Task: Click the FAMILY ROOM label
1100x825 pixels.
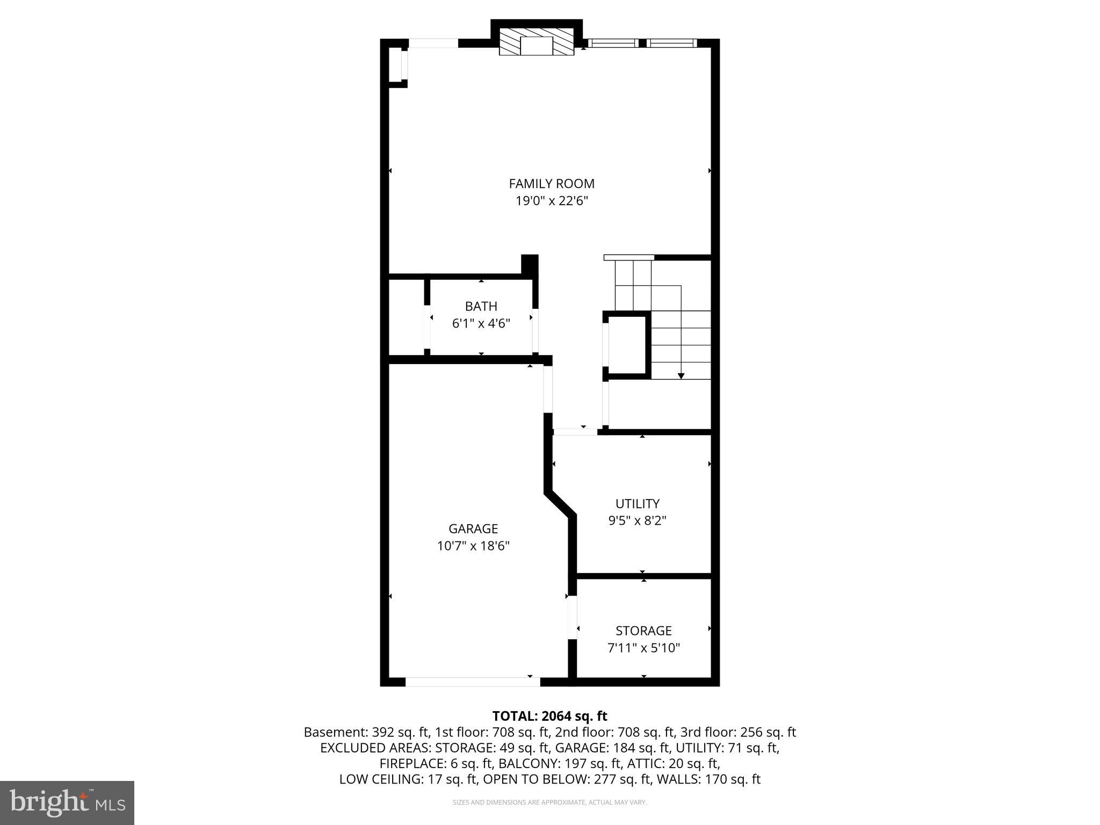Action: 552,184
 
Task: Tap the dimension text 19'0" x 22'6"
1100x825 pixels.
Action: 552,201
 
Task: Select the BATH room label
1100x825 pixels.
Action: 481,306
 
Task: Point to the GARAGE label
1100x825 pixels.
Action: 473,529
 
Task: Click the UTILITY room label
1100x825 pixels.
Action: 637,504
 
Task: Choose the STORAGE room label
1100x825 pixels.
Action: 643,631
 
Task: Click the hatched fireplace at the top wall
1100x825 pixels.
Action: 537,42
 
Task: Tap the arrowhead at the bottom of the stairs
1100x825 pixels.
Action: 681,376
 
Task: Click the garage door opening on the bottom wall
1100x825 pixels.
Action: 473,682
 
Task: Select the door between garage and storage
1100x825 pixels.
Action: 573,617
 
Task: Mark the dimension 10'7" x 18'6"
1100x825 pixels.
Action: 473,546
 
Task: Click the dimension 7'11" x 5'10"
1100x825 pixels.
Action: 643,648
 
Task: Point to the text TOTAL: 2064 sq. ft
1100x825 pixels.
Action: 549,716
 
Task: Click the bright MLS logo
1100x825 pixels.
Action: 67,802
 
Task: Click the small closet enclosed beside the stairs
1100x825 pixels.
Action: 626,344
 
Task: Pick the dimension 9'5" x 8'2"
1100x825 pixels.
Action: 637,521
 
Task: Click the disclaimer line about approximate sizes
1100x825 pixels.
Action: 549,802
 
